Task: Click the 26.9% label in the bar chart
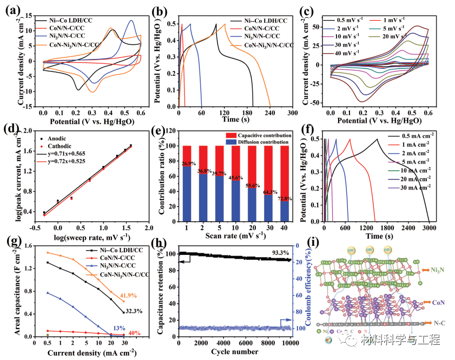pyautogui.click(x=187, y=163)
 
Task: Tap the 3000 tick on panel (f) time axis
pyautogui.click(x=428, y=228)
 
